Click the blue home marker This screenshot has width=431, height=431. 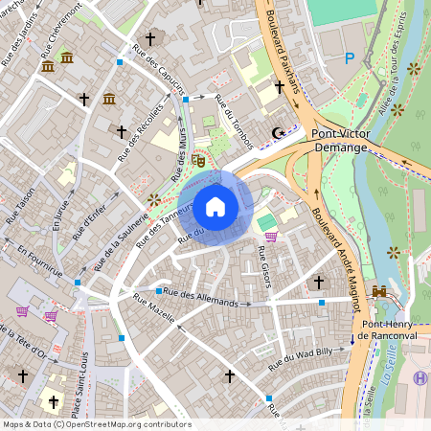pos(215,206)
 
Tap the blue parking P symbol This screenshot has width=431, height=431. pos(350,58)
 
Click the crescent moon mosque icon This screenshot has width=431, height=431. pos(279,132)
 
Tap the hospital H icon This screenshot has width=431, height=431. pos(420,377)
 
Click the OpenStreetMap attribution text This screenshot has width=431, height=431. pos(96,424)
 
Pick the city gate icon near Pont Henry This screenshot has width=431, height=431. pos(379,291)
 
